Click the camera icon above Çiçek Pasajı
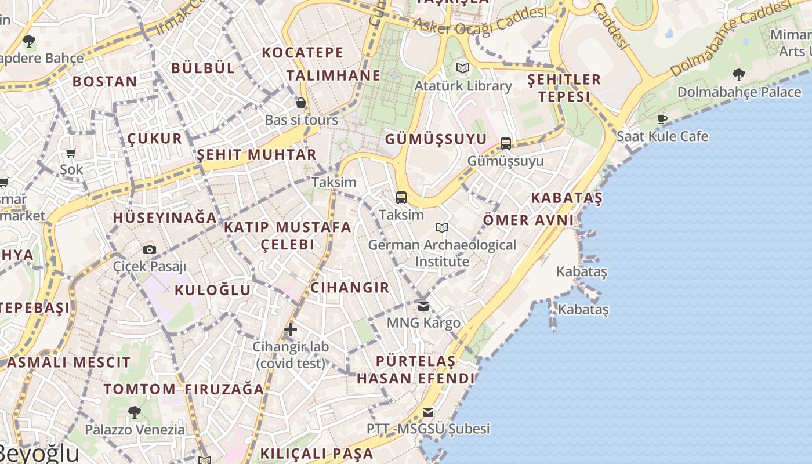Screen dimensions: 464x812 [150, 249]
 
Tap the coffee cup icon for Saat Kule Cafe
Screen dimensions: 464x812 [662, 119]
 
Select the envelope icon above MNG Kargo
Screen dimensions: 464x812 [423, 305]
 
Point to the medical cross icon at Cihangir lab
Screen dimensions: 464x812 [291, 329]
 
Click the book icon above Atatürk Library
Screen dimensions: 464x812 [462, 68]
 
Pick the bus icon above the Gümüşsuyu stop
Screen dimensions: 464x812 [506, 143]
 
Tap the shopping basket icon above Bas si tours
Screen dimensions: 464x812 [301, 103]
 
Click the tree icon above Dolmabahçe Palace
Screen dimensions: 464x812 [739, 74]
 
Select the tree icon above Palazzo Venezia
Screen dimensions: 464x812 [135, 412]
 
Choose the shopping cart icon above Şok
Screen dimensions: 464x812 [71, 153]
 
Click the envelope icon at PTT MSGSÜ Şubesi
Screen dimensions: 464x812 [428, 412]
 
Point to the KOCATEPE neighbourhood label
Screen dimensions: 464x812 [303, 53]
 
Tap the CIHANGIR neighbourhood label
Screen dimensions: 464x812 [350, 288]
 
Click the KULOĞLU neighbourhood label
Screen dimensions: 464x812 [213, 290]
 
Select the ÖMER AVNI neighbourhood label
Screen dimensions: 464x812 [528, 220]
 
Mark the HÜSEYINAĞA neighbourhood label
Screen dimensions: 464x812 [165, 218]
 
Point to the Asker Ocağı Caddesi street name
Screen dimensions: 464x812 [479, 21]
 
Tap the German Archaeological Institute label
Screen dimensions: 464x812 [442, 253]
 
